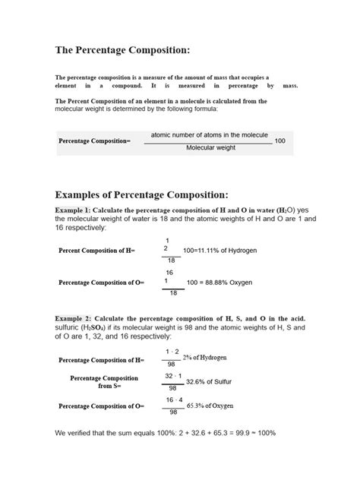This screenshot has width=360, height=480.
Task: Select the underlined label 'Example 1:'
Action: tap(73, 210)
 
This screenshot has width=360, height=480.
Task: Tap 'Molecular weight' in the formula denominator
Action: tap(210, 148)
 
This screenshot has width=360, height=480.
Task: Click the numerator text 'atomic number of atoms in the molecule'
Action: tap(210, 135)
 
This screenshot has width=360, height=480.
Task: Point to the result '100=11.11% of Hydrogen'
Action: tap(225, 249)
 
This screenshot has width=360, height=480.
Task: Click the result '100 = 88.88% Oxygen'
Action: tap(220, 283)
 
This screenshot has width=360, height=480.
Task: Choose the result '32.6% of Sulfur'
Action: tap(210, 382)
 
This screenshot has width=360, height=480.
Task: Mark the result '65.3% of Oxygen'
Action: tap(212, 407)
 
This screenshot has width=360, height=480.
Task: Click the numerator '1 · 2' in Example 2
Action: tap(172, 351)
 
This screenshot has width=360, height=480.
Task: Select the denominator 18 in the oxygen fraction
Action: tap(172, 293)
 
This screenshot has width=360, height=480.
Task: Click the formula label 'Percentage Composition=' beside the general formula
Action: tap(95, 141)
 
